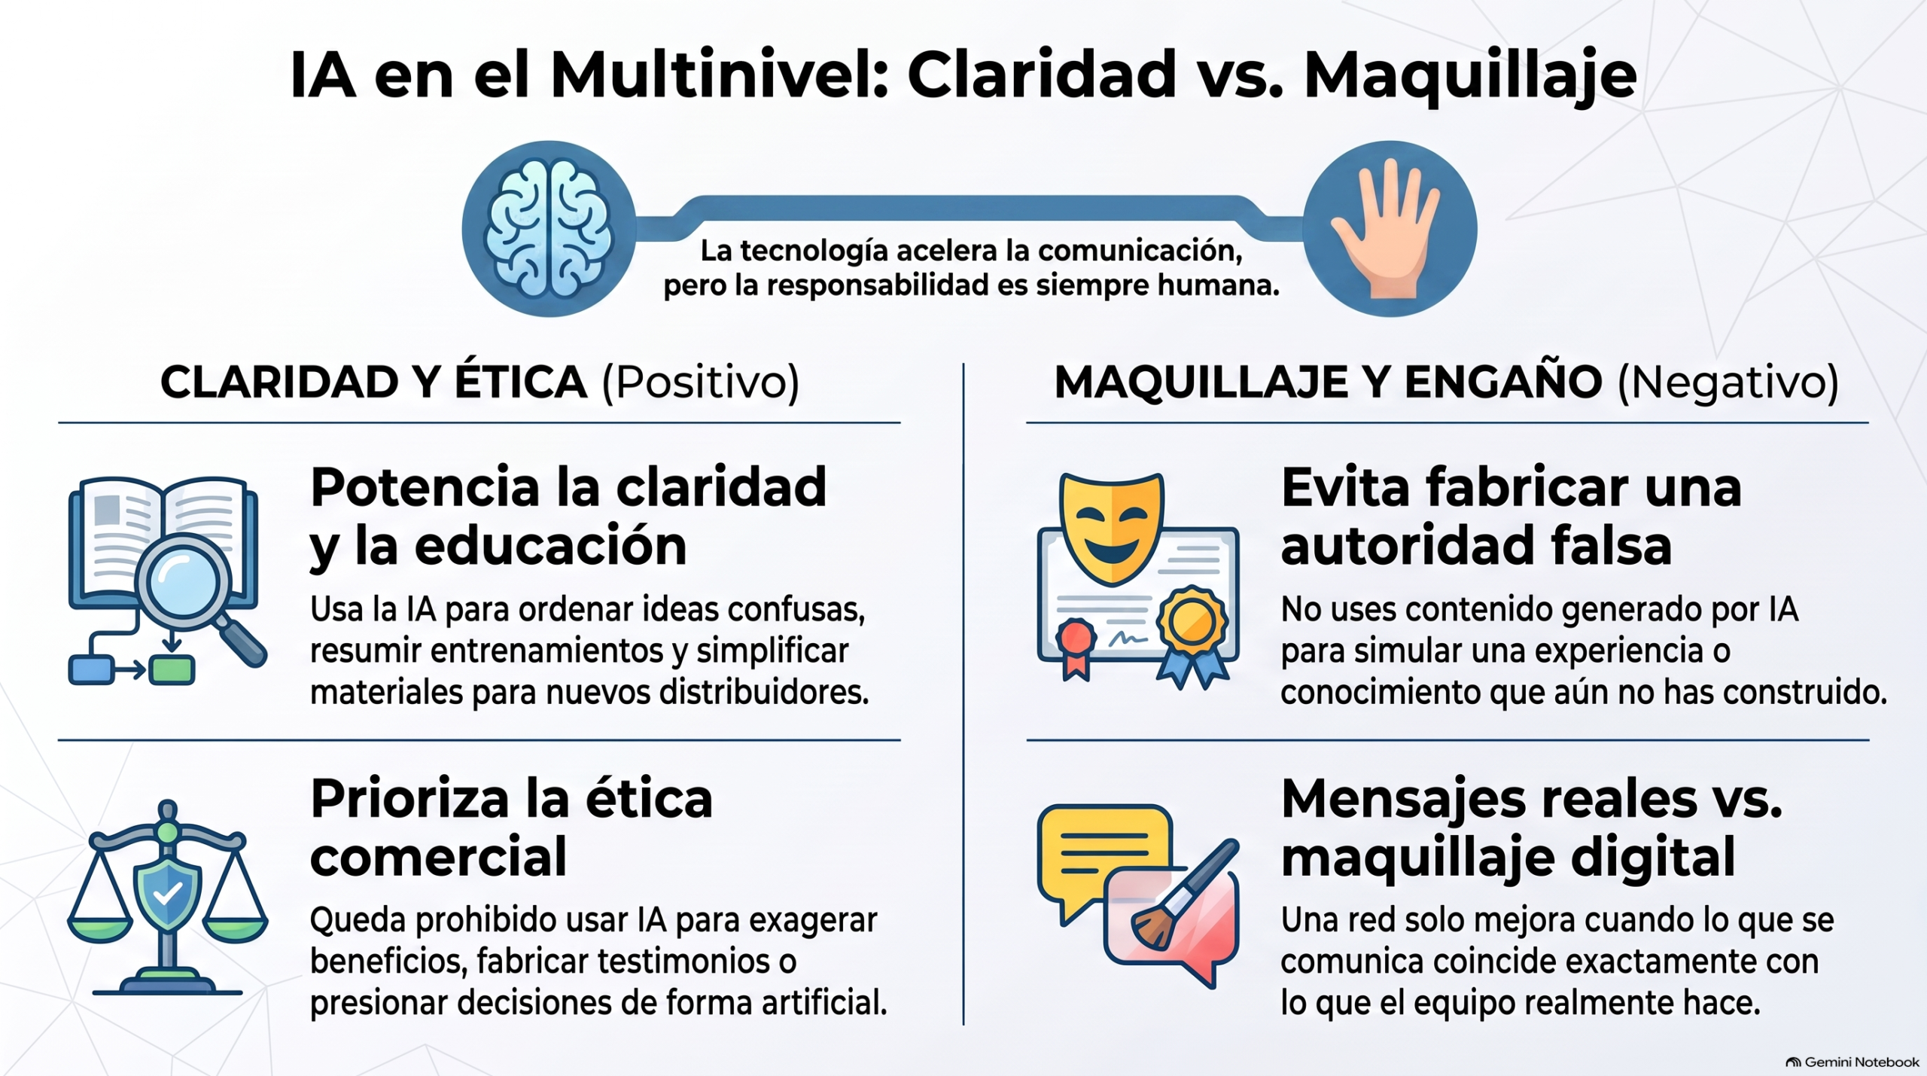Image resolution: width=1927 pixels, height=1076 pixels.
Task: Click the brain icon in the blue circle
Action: coord(549,229)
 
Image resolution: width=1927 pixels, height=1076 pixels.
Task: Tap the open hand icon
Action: coord(1387,228)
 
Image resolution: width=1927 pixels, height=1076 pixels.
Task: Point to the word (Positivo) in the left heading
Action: coord(700,383)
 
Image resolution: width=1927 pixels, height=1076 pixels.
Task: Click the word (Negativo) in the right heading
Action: coord(1728,383)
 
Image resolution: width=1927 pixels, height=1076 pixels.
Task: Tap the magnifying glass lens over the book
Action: coord(183,582)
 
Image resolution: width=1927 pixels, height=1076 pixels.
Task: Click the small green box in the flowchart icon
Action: coord(172,669)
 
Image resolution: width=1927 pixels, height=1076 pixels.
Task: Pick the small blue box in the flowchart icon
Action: coord(91,669)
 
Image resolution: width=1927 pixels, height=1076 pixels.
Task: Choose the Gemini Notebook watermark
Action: coord(1852,1062)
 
